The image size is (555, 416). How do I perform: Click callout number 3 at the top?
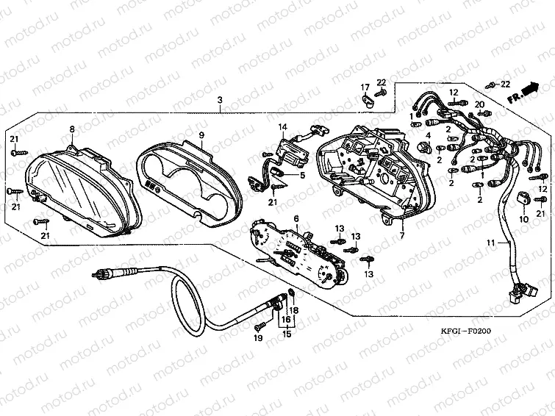219,100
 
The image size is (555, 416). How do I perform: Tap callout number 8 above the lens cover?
72,129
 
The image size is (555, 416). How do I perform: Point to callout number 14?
282,127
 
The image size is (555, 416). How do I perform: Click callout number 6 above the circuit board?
296,218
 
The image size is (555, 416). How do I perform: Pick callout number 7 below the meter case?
402,236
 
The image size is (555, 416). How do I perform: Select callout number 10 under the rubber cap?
524,219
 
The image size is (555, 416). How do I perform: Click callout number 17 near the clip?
365,88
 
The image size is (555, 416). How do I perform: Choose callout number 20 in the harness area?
479,104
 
